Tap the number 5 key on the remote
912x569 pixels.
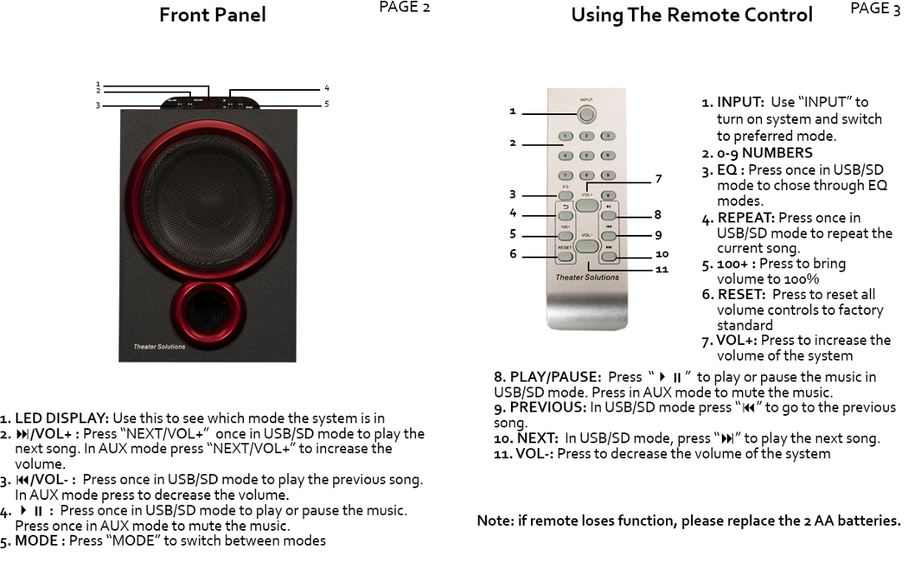coord(587,155)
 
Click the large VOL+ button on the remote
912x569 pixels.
coord(587,204)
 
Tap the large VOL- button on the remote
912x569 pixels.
coord(587,247)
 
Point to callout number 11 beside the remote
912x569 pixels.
coord(662,269)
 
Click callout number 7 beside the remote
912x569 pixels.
coord(658,179)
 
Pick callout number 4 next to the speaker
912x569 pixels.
coord(327,87)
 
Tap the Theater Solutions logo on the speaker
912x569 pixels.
coord(159,347)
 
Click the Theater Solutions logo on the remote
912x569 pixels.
coord(587,277)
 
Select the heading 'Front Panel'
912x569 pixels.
coord(213,14)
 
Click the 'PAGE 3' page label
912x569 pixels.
coord(874,9)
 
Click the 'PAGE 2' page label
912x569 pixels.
coord(404,7)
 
